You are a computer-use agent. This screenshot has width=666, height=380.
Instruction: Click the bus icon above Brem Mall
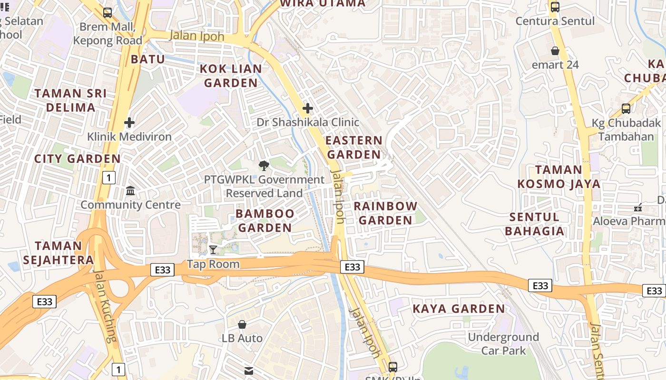[x=108, y=13]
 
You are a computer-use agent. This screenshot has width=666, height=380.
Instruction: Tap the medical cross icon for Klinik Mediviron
[x=129, y=123]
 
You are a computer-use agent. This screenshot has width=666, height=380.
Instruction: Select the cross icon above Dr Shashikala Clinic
[x=308, y=108]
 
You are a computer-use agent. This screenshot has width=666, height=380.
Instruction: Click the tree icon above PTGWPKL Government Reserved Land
[x=264, y=166]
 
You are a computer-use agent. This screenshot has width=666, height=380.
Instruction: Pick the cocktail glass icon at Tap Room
[x=213, y=250]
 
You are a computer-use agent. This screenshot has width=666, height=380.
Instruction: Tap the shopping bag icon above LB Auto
[x=242, y=324]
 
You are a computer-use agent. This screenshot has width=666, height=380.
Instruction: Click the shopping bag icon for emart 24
[x=555, y=51]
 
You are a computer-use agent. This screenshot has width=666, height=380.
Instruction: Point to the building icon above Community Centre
[x=130, y=191]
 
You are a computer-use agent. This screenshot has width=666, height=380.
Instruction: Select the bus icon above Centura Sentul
[x=555, y=7]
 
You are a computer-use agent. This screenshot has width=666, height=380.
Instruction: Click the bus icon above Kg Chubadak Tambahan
[x=626, y=109]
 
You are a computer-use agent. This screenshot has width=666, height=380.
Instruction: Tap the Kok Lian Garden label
[x=231, y=76]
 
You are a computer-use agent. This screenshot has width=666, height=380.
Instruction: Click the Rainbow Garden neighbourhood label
[x=385, y=213]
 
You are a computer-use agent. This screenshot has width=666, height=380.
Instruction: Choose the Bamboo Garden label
[x=265, y=220]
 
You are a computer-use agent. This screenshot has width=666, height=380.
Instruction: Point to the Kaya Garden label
[x=459, y=309]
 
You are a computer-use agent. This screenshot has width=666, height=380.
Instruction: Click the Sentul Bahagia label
[x=534, y=224]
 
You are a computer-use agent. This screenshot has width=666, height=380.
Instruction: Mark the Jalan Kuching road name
[x=104, y=306]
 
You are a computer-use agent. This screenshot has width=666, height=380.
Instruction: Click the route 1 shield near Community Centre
[x=109, y=178]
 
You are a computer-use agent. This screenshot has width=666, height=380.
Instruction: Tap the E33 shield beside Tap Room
[x=163, y=270]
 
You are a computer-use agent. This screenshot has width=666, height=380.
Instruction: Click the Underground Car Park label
[x=503, y=344]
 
